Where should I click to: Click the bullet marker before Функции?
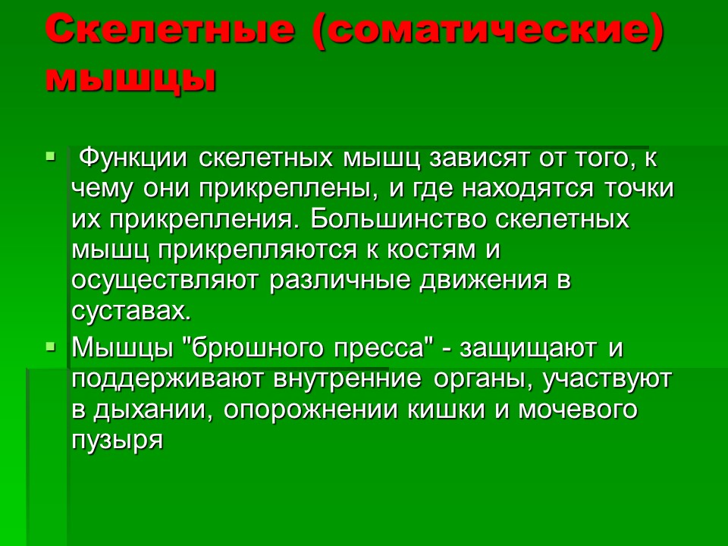tap(51, 158)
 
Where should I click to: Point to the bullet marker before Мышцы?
tap(51, 347)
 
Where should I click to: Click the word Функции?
tap(134, 159)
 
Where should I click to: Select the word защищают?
tap(532, 348)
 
